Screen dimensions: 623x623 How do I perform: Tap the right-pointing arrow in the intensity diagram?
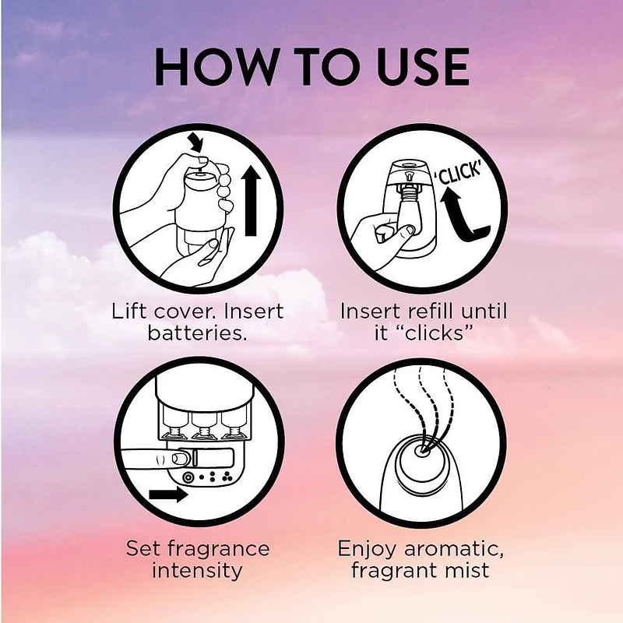pyautogui.click(x=168, y=495)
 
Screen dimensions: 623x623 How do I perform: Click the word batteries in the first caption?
pyautogui.click(x=198, y=333)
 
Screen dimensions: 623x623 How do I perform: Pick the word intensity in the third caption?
pyautogui.click(x=198, y=571)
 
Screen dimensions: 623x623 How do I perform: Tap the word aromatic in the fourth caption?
pyautogui.click(x=453, y=549)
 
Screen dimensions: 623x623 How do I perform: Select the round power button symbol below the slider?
pyautogui.click(x=188, y=477)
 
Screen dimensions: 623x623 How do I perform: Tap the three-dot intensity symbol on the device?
pyautogui.click(x=227, y=477)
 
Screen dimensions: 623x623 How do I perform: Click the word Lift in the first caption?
pyautogui.click(x=129, y=311)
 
